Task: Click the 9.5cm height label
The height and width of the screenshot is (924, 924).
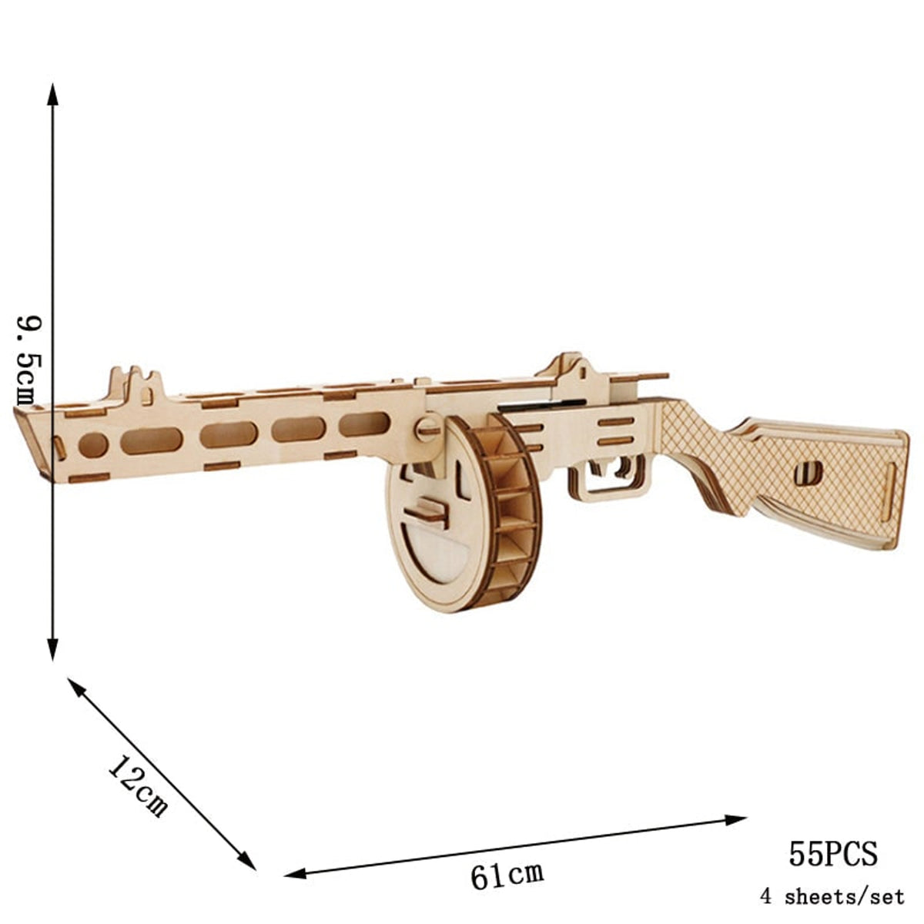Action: pyautogui.click(x=26, y=359)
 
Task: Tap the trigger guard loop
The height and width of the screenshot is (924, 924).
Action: pyautogui.click(x=606, y=482)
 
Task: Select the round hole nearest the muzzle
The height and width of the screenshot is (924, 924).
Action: pyautogui.click(x=93, y=444)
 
